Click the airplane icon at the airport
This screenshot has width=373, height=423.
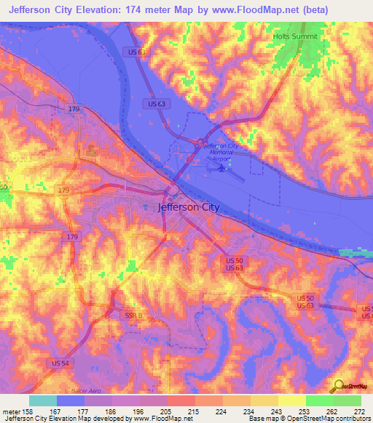tap(221, 169)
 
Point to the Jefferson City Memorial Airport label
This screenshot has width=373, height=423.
tap(222, 152)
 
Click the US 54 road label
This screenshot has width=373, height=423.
tap(62, 363)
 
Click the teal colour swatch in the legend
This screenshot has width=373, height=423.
tap(43, 400)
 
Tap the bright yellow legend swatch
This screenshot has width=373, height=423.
tap(291, 400)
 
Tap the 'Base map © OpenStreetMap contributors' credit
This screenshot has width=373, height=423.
tap(308, 419)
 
